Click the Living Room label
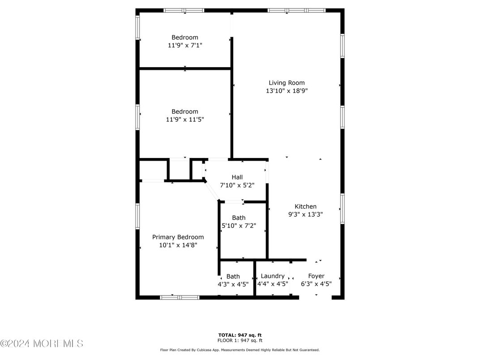click(x=287, y=82)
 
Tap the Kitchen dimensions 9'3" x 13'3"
click(x=305, y=214)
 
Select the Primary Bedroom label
click(x=178, y=237)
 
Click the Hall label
click(x=237, y=177)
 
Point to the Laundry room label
click(x=272, y=276)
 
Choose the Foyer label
click(x=316, y=276)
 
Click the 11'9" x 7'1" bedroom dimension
click(x=185, y=45)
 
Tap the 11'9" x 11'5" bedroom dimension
click(x=185, y=120)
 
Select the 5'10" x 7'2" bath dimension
click(x=239, y=226)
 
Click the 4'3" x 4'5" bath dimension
click(x=233, y=284)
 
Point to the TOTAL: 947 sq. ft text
click(x=240, y=334)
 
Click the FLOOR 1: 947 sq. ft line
click(x=240, y=340)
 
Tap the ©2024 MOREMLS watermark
click(x=42, y=344)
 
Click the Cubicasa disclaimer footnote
click(x=240, y=350)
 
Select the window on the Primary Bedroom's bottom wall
click(x=180, y=297)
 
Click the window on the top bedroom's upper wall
click(x=184, y=10)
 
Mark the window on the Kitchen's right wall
click(x=342, y=208)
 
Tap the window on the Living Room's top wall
click(x=296, y=10)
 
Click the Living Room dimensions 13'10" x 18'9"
click(x=287, y=90)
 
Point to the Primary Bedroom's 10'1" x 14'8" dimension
click(x=178, y=245)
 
